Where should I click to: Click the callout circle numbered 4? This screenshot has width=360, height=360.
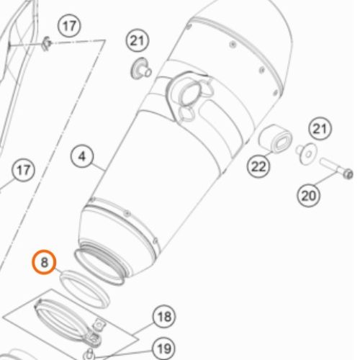[x=82, y=156]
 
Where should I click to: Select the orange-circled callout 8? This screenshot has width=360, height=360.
[x=44, y=262]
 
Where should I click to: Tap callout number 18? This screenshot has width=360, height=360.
[x=164, y=317]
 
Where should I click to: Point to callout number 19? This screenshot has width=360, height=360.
[x=164, y=348]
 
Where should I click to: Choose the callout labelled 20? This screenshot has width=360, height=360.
[x=308, y=195]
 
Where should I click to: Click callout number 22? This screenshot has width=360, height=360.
[x=258, y=166]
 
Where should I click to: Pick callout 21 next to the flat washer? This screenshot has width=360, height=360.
[x=320, y=129]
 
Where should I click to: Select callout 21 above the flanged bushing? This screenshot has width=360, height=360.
[x=138, y=40]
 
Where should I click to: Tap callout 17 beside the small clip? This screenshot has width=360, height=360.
[x=69, y=26]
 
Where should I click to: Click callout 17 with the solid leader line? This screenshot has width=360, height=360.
[x=23, y=170]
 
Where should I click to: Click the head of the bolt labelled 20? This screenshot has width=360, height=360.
[x=348, y=174]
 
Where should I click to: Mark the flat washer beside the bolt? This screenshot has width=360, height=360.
[x=307, y=154]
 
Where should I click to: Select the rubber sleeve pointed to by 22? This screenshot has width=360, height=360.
[x=275, y=139]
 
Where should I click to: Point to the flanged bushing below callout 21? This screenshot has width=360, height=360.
[x=141, y=69]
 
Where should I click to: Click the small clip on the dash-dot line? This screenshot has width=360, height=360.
[x=47, y=44]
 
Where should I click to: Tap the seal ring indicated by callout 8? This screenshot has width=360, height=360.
[x=84, y=289]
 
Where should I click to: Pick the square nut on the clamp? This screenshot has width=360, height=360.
[x=99, y=325]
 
